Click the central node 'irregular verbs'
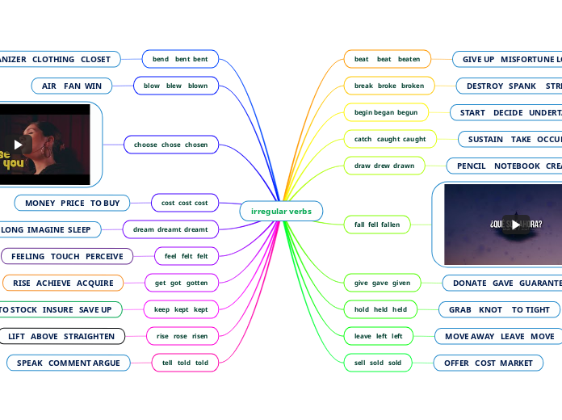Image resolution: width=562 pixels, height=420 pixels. (281, 211)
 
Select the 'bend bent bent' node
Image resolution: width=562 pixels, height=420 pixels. (180, 59)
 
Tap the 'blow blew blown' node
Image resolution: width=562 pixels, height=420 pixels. (175, 86)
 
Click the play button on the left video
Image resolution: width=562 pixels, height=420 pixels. (18, 145)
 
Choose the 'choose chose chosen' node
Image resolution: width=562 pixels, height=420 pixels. (170, 145)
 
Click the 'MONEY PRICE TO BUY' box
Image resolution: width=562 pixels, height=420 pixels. (72, 203)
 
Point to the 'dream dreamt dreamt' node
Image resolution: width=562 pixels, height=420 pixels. (170, 229)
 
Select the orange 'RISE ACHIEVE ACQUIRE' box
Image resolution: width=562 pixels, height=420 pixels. (63, 283)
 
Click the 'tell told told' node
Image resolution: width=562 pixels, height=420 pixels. (185, 363)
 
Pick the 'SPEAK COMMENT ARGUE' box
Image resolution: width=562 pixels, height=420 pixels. (68, 363)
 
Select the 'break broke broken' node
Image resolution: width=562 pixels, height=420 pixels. (389, 86)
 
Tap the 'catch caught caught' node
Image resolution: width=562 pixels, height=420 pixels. (390, 139)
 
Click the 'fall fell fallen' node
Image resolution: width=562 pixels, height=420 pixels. (377, 224)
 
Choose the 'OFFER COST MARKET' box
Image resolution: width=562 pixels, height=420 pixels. (488, 363)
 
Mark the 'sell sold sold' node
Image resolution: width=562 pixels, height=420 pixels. (377, 363)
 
